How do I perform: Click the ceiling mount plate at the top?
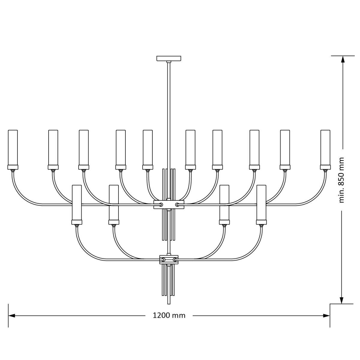[x=169, y=58]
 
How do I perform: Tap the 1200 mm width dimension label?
[x=169, y=316]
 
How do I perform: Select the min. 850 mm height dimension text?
[x=341, y=180]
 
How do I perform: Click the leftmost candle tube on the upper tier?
[x=13, y=148]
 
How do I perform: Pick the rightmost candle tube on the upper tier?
[x=325, y=148]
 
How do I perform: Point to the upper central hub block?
[x=169, y=205]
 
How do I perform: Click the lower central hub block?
[x=169, y=259]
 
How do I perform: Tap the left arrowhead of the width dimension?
[x=12, y=316]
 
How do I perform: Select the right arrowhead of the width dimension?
[x=326, y=316]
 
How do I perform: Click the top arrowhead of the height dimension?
[x=343, y=59]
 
